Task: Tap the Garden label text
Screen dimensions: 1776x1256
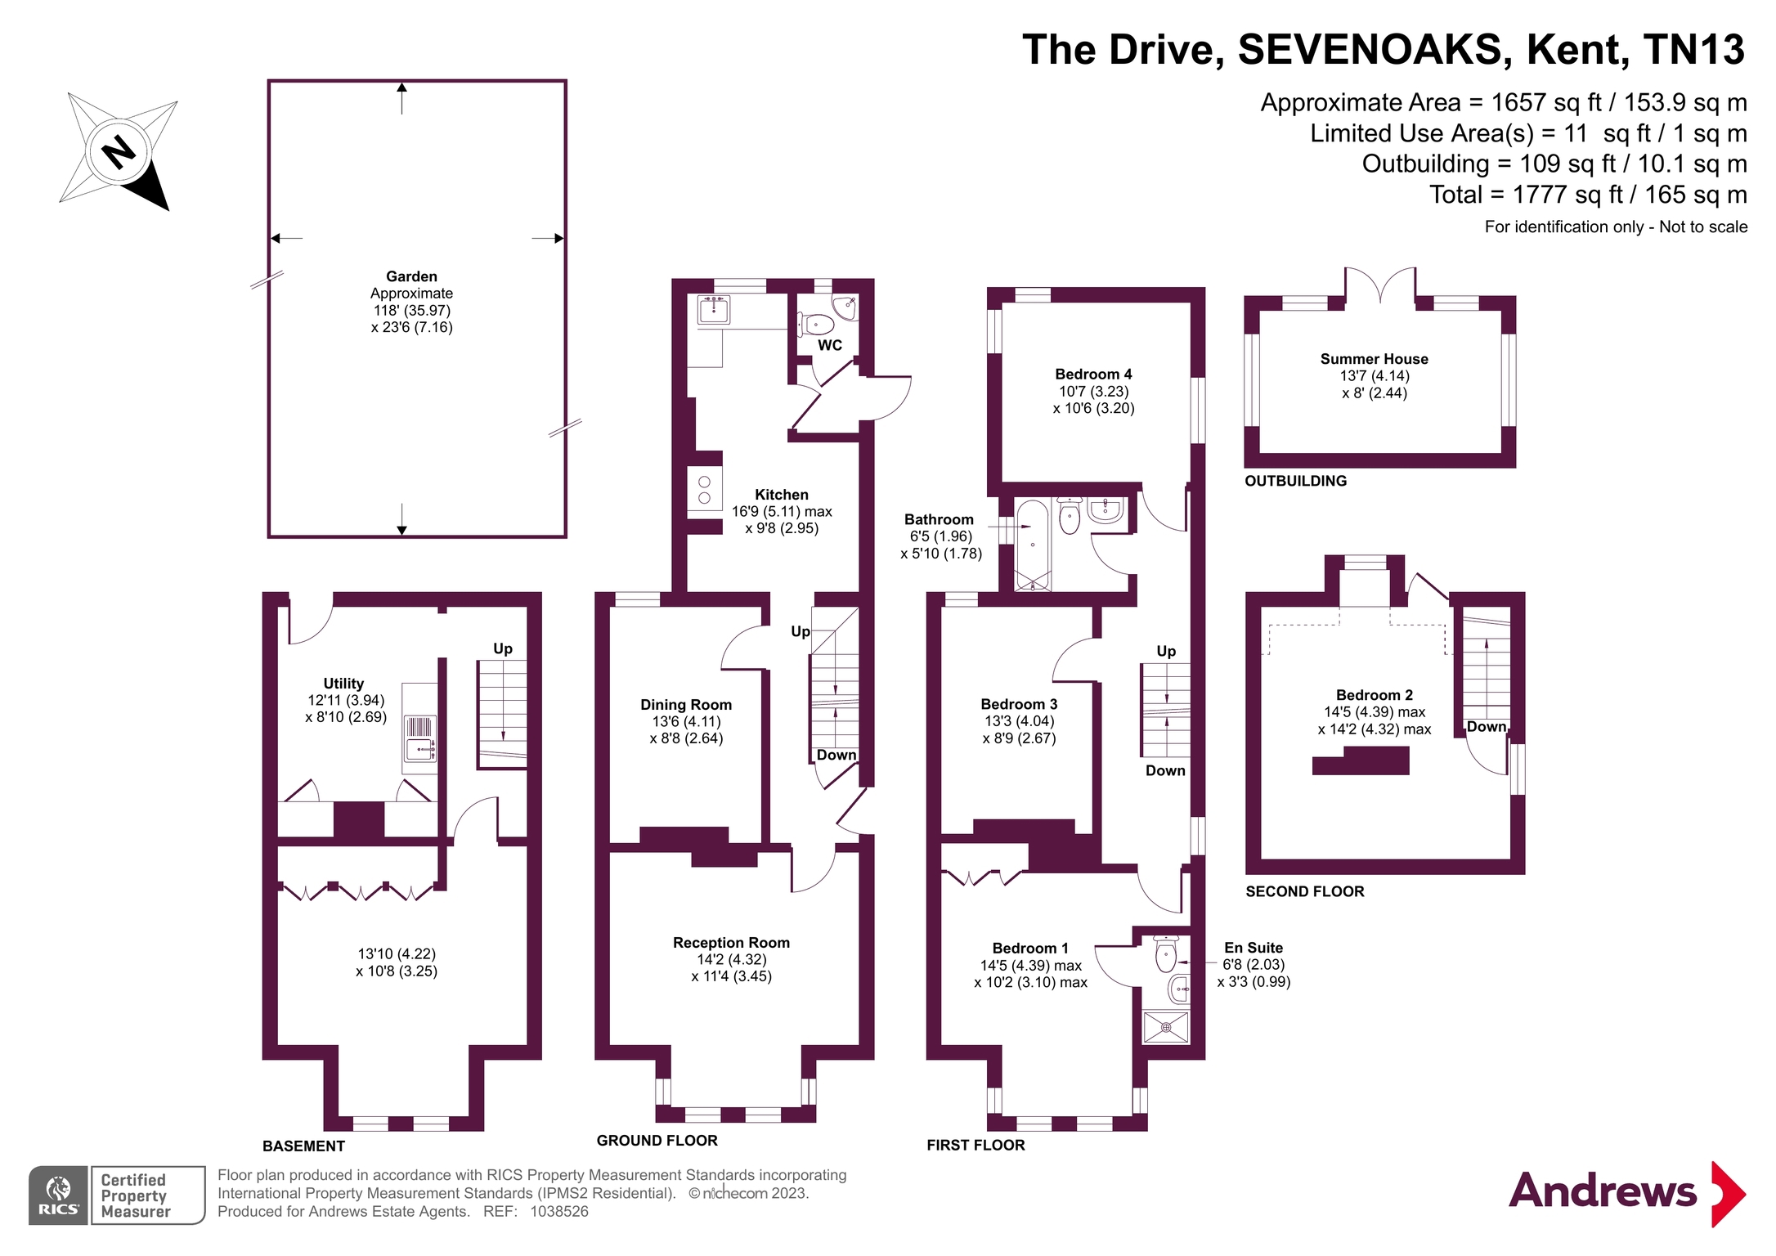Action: point(411,276)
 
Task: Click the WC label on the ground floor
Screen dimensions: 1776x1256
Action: point(830,345)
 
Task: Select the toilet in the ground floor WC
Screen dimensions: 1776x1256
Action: point(815,325)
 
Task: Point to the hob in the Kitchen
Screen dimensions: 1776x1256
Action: point(705,489)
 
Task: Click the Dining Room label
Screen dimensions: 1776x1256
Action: point(686,705)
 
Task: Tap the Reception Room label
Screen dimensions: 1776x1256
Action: point(731,943)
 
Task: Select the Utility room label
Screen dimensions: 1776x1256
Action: point(343,684)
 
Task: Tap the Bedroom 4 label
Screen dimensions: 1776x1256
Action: point(1093,375)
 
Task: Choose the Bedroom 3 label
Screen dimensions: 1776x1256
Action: point(1019,704)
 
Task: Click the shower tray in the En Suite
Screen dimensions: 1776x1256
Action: point(1166,1027)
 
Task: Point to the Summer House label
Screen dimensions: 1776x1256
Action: point(1374,359)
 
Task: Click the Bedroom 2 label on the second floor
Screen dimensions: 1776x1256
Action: point(1374,695)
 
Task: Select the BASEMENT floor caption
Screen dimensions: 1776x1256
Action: point(303,1146)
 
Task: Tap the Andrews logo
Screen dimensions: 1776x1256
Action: point(1627,1193)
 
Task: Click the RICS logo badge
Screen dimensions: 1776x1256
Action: point(59,1195)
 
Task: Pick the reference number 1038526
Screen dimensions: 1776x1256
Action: point(559,1212)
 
